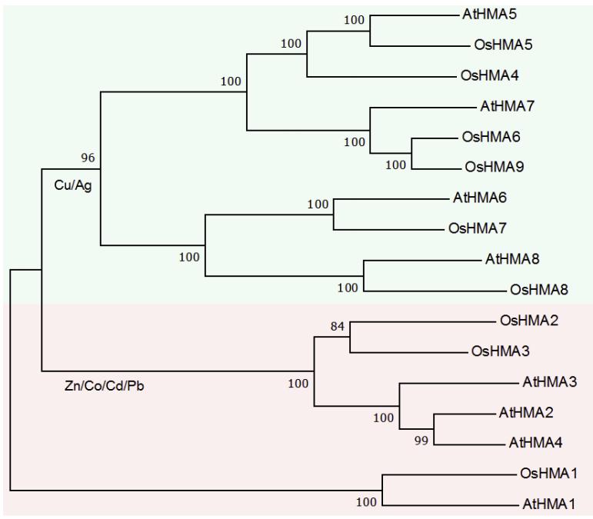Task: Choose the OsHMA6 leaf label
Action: tap(491, 136)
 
